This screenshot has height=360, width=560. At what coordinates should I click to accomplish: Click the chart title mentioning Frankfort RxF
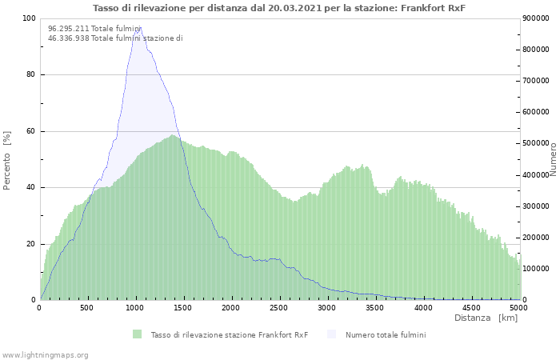[x=279, y=8]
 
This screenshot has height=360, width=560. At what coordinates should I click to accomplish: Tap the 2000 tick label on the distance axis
[x=231, y=307]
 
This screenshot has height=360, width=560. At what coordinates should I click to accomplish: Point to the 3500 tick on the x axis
[x=375, y=307]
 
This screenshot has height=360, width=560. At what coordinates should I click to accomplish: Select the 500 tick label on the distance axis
[x=88, y=307]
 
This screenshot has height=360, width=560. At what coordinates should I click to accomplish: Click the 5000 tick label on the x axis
[x=518, y=307]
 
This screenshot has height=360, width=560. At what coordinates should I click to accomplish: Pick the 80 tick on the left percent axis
[x=30, y=75]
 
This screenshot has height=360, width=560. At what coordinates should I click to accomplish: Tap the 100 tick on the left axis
[x=28, y=18]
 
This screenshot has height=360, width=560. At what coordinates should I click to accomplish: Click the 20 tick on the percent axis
[x=30, y=244]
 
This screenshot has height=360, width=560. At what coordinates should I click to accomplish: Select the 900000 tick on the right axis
[x=538, y=18]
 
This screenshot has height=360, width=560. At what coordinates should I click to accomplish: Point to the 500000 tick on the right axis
[x=538, y=143]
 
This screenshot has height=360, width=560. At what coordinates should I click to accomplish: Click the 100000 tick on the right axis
[x=538, y=269]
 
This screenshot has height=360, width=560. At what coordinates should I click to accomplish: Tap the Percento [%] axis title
[x=8, y=160]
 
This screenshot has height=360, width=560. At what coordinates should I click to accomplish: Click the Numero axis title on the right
[x=553, y=160]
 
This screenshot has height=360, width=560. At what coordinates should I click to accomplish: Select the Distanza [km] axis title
[x=486, y=318]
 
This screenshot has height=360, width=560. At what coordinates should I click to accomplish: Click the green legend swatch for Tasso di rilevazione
[x=137, y=334]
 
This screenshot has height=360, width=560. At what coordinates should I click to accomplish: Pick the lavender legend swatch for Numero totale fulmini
[x=332, y=334]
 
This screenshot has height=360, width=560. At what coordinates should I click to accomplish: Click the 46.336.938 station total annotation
[x=115, y=38]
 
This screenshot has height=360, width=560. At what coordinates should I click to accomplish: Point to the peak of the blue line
[x=138, y=29]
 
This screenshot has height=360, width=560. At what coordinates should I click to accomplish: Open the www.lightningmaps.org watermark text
[x=45, y=354]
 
